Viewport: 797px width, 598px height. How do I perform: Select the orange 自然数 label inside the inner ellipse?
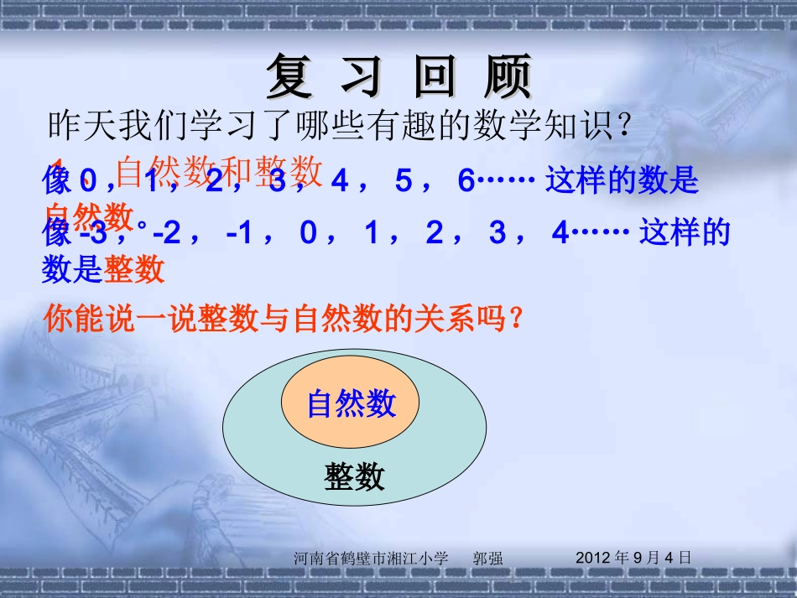[351, 404]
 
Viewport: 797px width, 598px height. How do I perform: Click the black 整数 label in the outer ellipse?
[354, 477]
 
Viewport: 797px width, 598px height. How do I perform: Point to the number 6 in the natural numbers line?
[466, 181]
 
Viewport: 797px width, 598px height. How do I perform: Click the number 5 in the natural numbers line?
[404, 181]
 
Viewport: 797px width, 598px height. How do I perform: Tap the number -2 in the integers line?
[167, 234]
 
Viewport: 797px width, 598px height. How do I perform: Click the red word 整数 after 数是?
[134, 270]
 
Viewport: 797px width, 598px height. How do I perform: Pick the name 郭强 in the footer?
[488, 558]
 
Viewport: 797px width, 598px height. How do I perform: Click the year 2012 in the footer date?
[595, 557]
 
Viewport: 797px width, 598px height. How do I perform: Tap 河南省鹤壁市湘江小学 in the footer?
[372, 558]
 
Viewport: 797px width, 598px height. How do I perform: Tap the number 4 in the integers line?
[560, 234]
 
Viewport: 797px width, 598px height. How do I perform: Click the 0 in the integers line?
[308, 234]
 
